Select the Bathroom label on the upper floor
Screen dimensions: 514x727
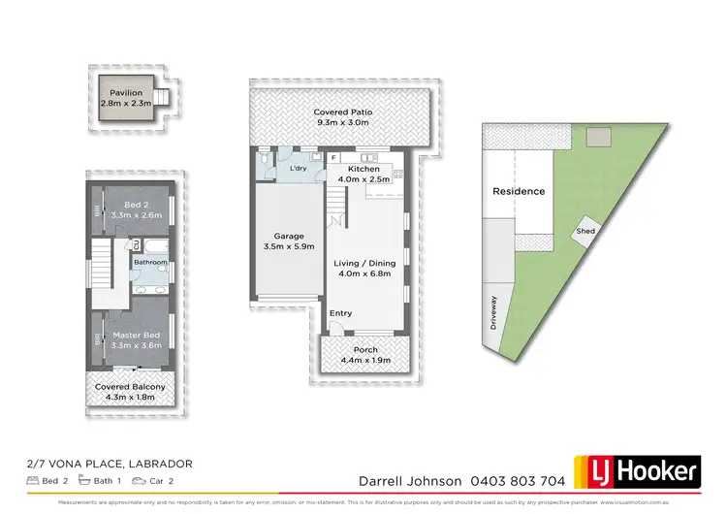(x=151, y=262)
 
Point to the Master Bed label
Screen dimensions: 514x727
(x=135, y=336)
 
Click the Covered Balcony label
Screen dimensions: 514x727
(x=130, y=387)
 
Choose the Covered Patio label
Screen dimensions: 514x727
(x=342, y=112)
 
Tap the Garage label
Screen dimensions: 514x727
(x=289, y=236)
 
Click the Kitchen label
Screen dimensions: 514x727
(x=362, y=169)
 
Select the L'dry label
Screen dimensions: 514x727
(x=298, y=170)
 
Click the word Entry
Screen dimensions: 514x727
(x=341, y=312)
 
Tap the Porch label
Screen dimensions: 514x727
(x=365, y=350)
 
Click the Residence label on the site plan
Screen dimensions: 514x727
(x=519, y=191)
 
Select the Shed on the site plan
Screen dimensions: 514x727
(x=585, y=232)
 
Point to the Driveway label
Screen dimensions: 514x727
(x=493, y=312)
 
